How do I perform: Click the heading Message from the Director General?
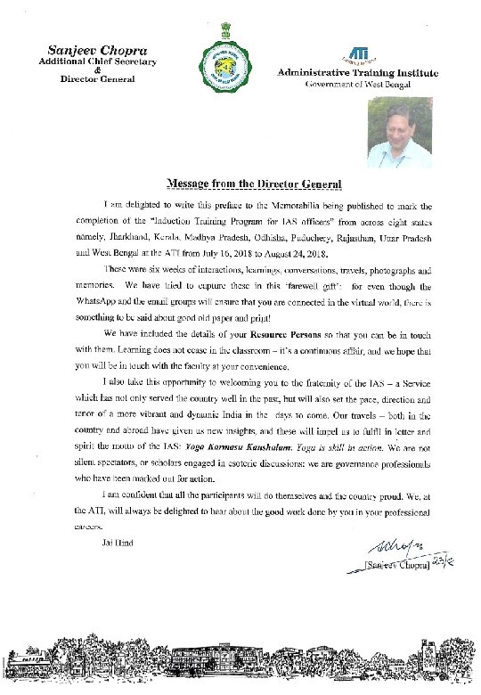click(x=254, y=184)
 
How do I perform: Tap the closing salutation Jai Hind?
click(x=118, y=543)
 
